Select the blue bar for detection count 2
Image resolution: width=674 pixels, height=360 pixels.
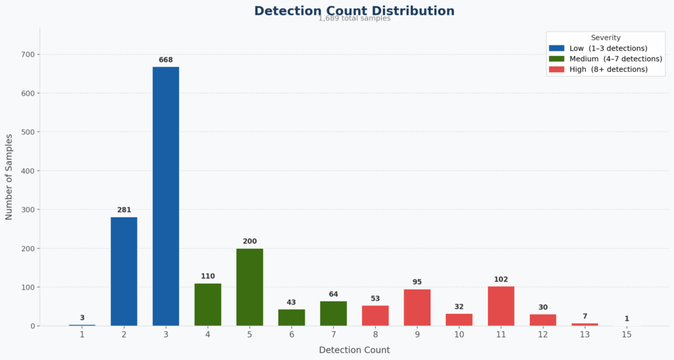click(x=124, y=271)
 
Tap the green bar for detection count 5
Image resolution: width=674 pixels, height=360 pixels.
click(x=249, y=287)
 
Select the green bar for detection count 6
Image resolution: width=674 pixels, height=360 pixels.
click(x=292, y=317)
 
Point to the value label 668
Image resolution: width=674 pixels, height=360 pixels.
click(x=166, y=60)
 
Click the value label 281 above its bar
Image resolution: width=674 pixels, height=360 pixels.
click(x=124, y=210)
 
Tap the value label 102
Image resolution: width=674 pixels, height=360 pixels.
click(x=501, y=279)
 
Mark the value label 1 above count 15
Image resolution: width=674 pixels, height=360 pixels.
click(x=627, y=319)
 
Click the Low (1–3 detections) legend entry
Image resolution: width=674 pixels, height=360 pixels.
click(x=598, y=48)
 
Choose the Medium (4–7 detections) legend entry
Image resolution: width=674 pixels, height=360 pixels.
click(x=605, y=59)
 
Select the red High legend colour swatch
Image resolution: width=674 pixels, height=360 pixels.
click(x=556, y=69)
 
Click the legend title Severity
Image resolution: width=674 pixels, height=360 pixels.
click(x=606, y=38)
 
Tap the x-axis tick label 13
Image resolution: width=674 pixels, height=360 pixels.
click(x=584, y=335)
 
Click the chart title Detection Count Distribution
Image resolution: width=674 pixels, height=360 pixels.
click(x=354, y=11)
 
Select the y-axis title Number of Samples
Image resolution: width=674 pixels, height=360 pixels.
click(x=9, y=176)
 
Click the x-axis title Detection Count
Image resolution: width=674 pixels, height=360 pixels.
click(x=354, y=350)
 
